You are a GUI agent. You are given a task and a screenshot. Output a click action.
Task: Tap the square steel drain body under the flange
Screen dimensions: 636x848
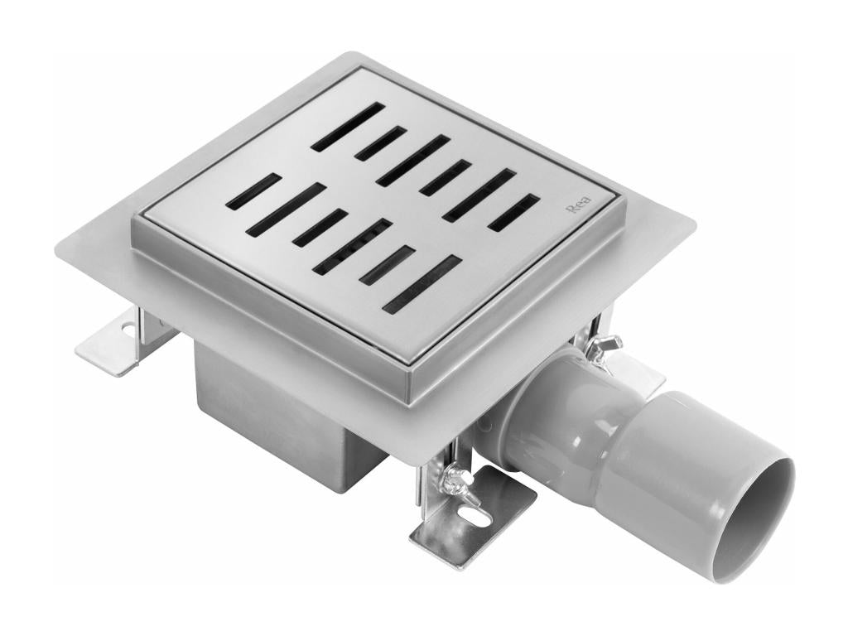[273, 414]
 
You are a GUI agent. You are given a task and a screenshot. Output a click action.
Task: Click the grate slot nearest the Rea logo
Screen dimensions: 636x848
[513, 212]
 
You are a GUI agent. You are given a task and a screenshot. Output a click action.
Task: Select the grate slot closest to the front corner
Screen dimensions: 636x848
[422, 284]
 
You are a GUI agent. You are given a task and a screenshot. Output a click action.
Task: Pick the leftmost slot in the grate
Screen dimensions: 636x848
[253, 191]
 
